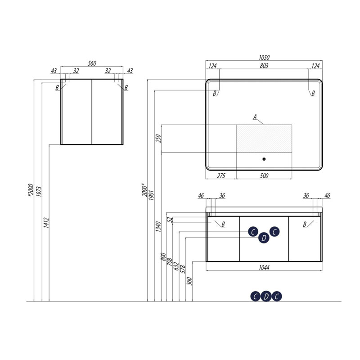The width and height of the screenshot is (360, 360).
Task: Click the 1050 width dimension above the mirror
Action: [264, 57]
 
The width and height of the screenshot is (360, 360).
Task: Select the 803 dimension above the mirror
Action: [264, 66]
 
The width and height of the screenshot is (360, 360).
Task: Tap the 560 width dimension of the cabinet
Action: [92, 63]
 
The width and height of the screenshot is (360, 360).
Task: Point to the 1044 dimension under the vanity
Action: [264, 267]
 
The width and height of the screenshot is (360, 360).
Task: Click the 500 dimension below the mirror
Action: [264, 176]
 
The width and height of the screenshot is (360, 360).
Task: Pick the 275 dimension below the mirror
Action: [221, 176]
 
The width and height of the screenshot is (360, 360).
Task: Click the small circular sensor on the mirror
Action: [264, 159]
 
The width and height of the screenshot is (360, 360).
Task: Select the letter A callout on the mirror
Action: [255, 117]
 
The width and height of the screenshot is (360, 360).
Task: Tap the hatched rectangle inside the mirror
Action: [264, 139]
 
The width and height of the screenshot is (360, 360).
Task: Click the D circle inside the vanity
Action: [264, 238]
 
